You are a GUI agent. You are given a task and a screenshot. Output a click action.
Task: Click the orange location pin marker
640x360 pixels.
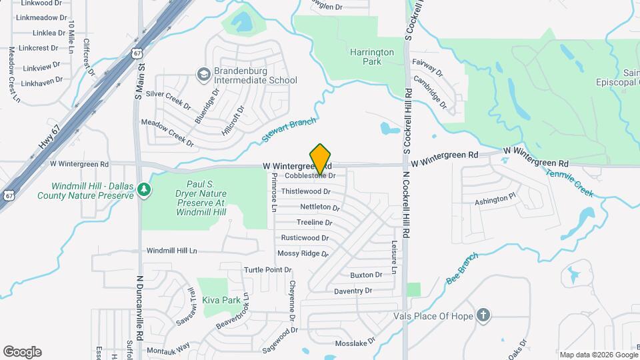(x=321, y=159)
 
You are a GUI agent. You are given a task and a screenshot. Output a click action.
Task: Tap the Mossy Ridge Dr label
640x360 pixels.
(x=303, y=253)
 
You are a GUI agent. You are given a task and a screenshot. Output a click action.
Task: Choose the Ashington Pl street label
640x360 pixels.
(x=495, y=199)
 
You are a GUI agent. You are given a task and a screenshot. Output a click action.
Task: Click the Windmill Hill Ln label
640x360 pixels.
(x=172, y=251)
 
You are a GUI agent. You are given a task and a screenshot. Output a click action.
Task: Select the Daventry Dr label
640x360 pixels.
(x=353, y=291)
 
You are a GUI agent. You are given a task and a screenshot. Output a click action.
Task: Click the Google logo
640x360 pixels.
(x=22, y=351)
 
